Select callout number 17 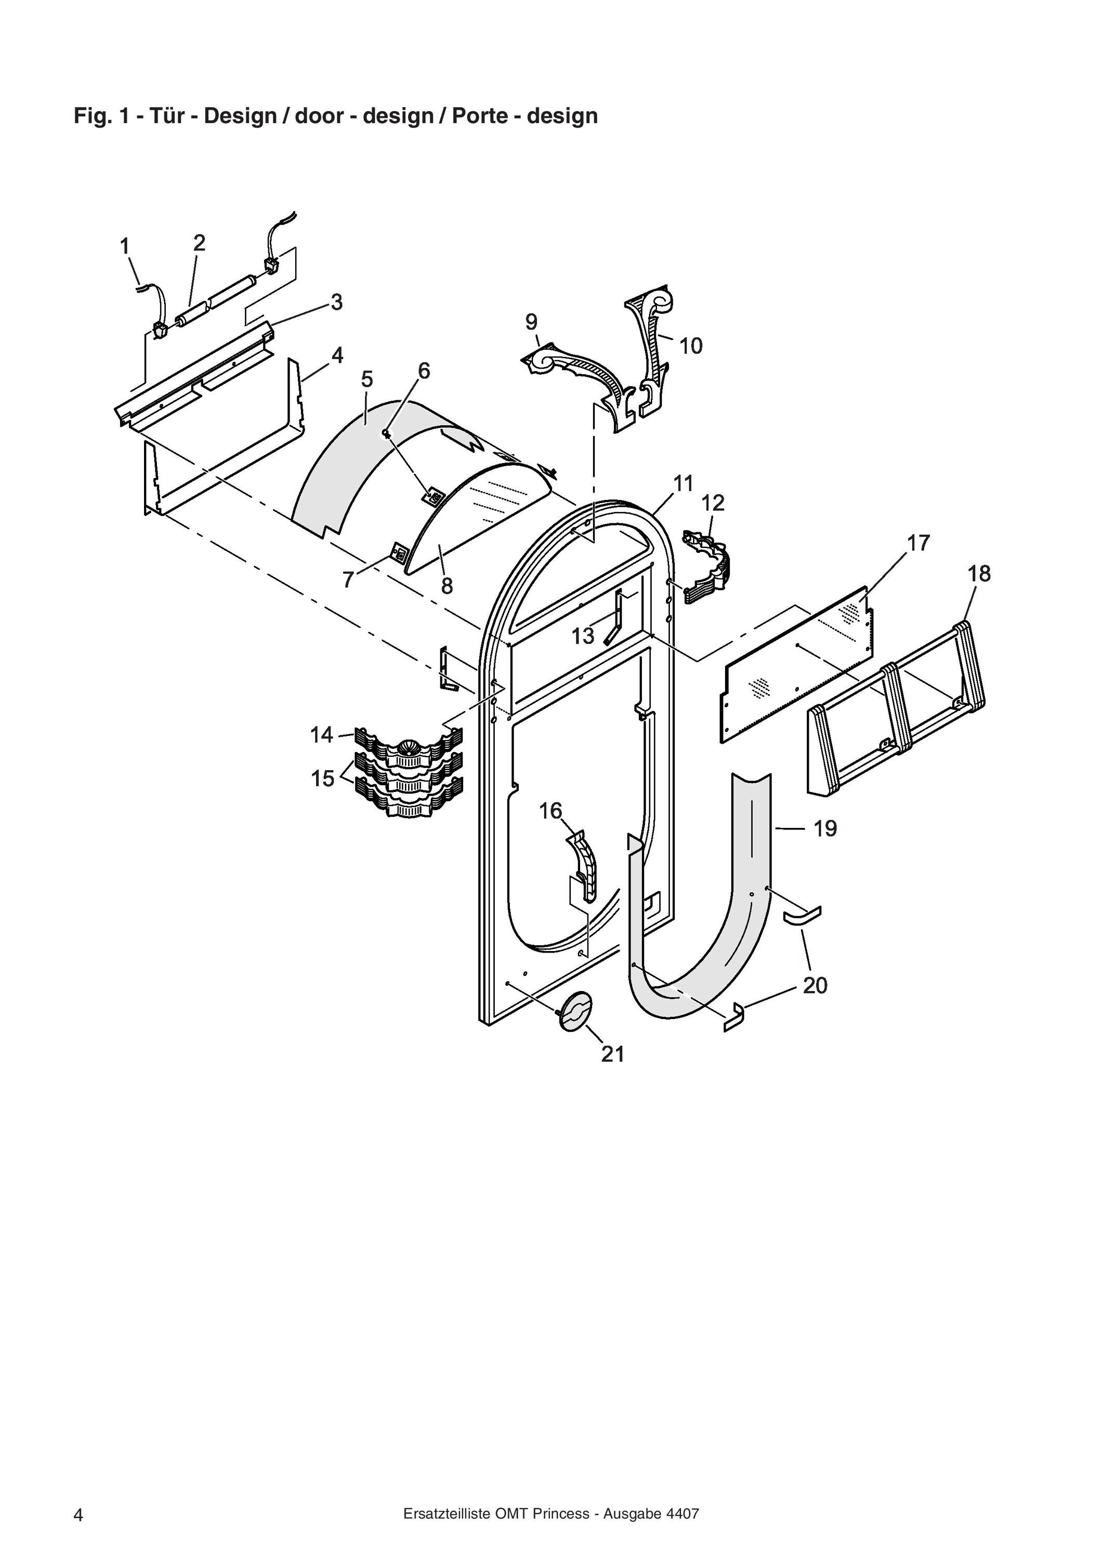tap(918, 543)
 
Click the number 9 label tap(532, 322)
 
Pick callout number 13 tap(583, 636)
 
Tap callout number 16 tap(550, 810)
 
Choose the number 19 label tap(825, 828)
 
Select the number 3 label tap(337, 302)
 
